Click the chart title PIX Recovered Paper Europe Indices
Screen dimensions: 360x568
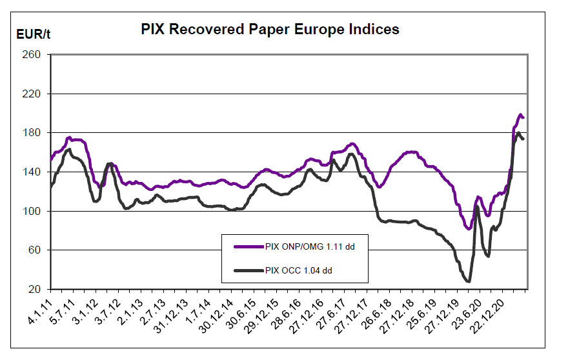point(270,30)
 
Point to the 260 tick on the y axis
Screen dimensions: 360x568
point(34,55)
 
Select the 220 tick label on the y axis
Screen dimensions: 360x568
point(34,94)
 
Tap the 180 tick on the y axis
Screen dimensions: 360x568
point(34,133)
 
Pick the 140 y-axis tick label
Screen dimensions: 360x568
point(34,172)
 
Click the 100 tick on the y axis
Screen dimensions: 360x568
point(34,211)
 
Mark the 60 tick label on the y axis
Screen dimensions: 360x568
point(36,250)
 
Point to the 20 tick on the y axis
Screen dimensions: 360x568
point(36,289)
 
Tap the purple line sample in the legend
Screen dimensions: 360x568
point(247,246)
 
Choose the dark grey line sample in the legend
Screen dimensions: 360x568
point(247,270)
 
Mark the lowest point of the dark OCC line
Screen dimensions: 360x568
point(467,281)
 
